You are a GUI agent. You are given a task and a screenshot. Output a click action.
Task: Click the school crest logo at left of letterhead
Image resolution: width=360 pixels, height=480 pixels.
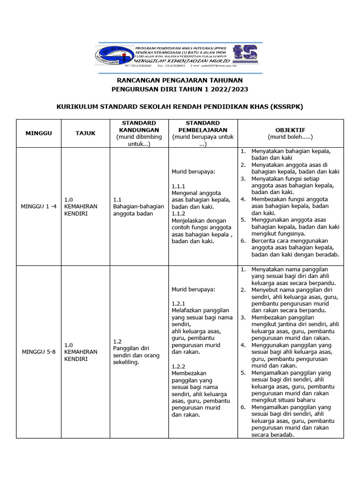[113, 58]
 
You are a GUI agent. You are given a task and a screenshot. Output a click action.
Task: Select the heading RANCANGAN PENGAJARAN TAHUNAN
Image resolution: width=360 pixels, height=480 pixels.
[180, 81]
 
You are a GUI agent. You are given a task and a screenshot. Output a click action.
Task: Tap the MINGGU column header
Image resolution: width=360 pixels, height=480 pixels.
[39, 133]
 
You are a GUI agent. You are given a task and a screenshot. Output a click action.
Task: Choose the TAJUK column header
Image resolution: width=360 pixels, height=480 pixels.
[85, 133]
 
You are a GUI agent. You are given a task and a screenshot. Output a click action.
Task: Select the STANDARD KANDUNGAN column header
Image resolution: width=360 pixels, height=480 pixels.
[139, 126]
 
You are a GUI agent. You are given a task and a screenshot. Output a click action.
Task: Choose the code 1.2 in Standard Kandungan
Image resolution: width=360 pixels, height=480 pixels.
[118, 341]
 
